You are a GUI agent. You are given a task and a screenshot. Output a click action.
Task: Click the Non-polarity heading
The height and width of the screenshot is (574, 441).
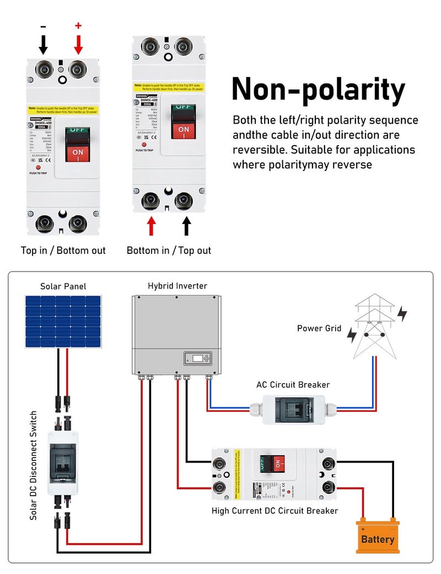(x=318, y=90)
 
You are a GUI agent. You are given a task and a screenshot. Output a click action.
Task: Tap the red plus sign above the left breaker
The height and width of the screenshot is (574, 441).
(x=78, y=25)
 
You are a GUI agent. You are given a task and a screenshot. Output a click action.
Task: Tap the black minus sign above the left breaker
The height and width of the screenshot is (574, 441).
(x=44, y=26)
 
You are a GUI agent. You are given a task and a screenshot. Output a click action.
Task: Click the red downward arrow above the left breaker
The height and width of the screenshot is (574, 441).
(x=78, y=44)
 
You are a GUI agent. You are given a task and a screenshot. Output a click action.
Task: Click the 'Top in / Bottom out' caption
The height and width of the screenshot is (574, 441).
(x=63, y=251)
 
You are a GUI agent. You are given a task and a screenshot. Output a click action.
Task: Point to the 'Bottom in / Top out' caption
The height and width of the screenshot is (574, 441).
(x=169, y=251)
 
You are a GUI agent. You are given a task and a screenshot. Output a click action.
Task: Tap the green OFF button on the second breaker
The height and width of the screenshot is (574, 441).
(x=183, y=109)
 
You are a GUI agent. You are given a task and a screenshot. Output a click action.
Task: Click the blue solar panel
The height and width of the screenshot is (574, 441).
(x=63, y=322)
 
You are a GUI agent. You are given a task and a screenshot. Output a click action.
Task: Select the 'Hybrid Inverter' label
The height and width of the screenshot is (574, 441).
(x=178, y=286)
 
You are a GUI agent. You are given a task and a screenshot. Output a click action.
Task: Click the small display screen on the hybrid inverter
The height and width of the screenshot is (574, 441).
(x=197, y=358)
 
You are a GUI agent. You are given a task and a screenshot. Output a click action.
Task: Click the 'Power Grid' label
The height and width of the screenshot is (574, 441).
(x=319, y=328)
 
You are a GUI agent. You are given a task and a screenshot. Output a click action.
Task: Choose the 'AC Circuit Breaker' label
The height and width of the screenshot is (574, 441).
(x=293, y=385)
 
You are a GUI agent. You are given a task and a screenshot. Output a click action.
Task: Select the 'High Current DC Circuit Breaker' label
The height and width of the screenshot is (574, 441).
(x=275, y=511)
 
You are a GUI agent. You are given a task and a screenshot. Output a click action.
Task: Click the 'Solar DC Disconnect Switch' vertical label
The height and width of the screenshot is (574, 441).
(x=34, y=465)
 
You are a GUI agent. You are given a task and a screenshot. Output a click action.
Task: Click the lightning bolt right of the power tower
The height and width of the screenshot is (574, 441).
(x=402, y=313)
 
